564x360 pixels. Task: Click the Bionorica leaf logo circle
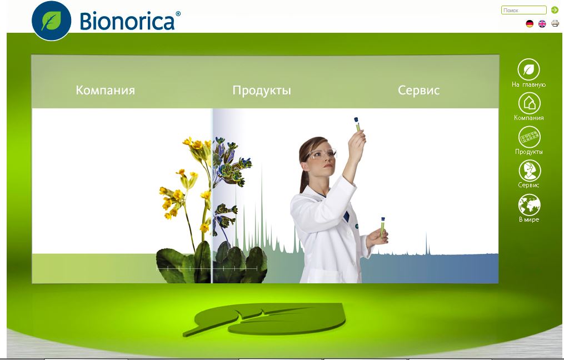point(52,21)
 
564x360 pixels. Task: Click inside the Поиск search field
point(523,10)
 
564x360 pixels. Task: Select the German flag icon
point(530,24)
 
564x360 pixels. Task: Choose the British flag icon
point(542,24)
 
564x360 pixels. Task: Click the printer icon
point(555,23)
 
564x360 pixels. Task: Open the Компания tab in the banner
point(106,90)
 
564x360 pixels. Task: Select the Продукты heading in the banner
point(262,90)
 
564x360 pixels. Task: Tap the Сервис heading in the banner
point(418,90)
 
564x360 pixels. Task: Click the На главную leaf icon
point(529,69)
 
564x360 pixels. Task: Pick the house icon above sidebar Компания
point(530,103)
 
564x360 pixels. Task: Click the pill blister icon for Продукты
point(530,137)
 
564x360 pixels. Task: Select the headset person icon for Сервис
point(530,171)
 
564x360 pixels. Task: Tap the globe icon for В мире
point(529,205)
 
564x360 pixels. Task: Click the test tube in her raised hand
point(357,124)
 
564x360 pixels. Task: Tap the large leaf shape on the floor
point(264,319)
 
